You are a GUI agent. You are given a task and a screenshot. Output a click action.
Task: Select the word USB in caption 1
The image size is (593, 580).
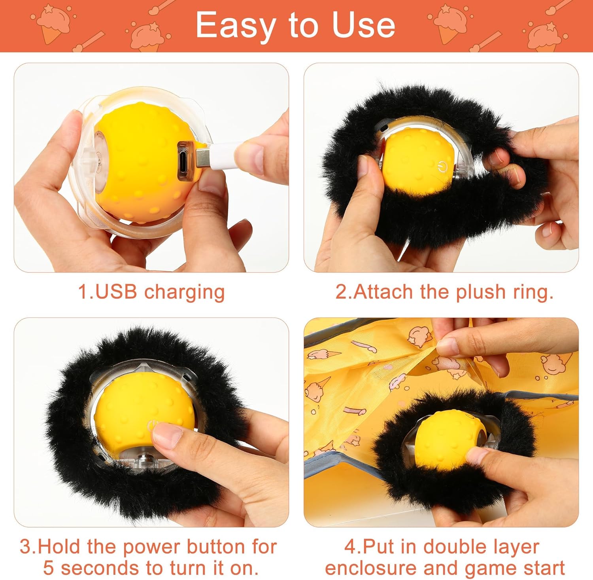coord(116,292)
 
